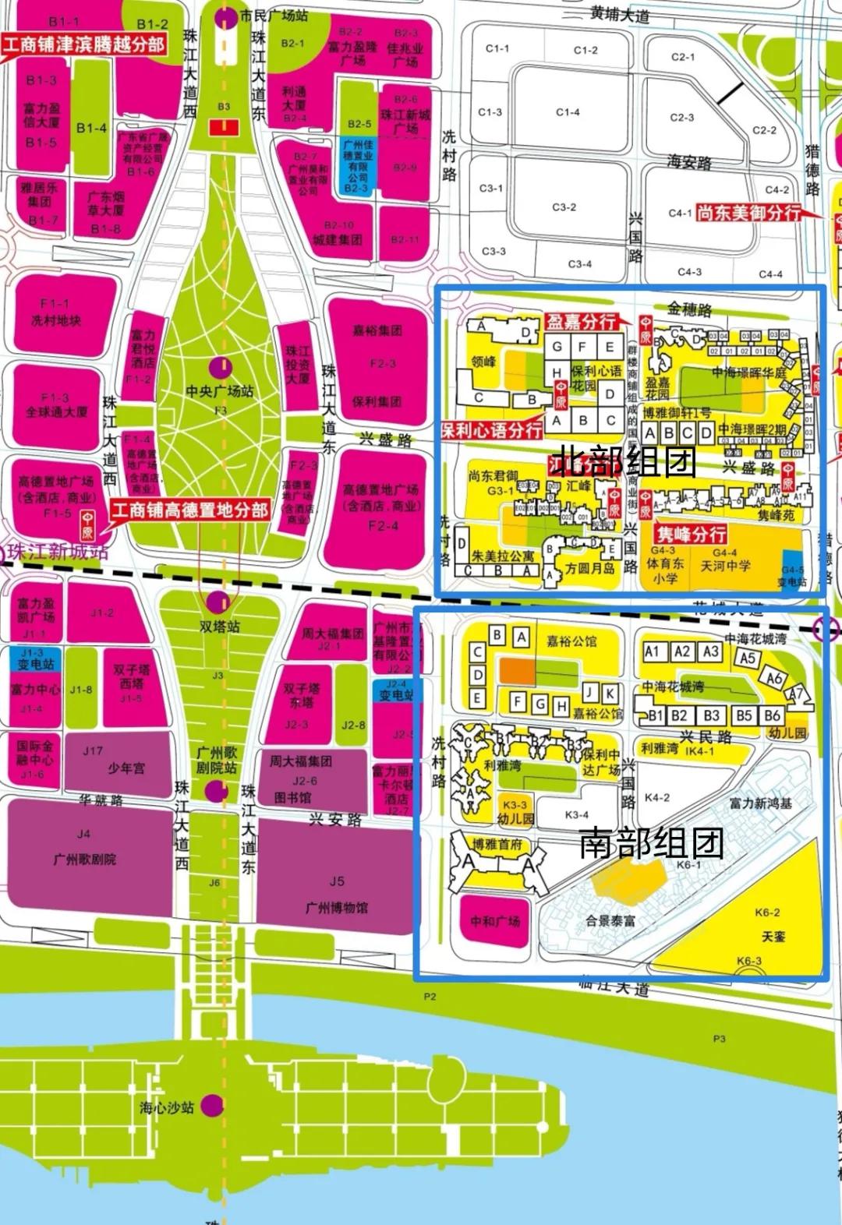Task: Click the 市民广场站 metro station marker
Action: (226, 16)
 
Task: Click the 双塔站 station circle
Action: (218, 602)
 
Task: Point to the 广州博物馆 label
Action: (336, 907)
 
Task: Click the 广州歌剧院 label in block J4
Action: (85, 860)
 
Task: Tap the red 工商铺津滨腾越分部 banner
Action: (84, 44)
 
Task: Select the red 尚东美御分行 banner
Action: (749, 212)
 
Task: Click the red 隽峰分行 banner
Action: (691, 534)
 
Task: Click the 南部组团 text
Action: (651, 842)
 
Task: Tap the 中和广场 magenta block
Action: (495, 921)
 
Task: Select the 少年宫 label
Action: (126, 768)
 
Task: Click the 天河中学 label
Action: (725, 566)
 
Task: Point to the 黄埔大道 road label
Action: (620, 15)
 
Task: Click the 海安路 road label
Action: (689, 163)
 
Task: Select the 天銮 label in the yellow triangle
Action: (773, 936)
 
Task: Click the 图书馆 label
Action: (293, 797)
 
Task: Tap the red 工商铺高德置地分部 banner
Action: (189, 510)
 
